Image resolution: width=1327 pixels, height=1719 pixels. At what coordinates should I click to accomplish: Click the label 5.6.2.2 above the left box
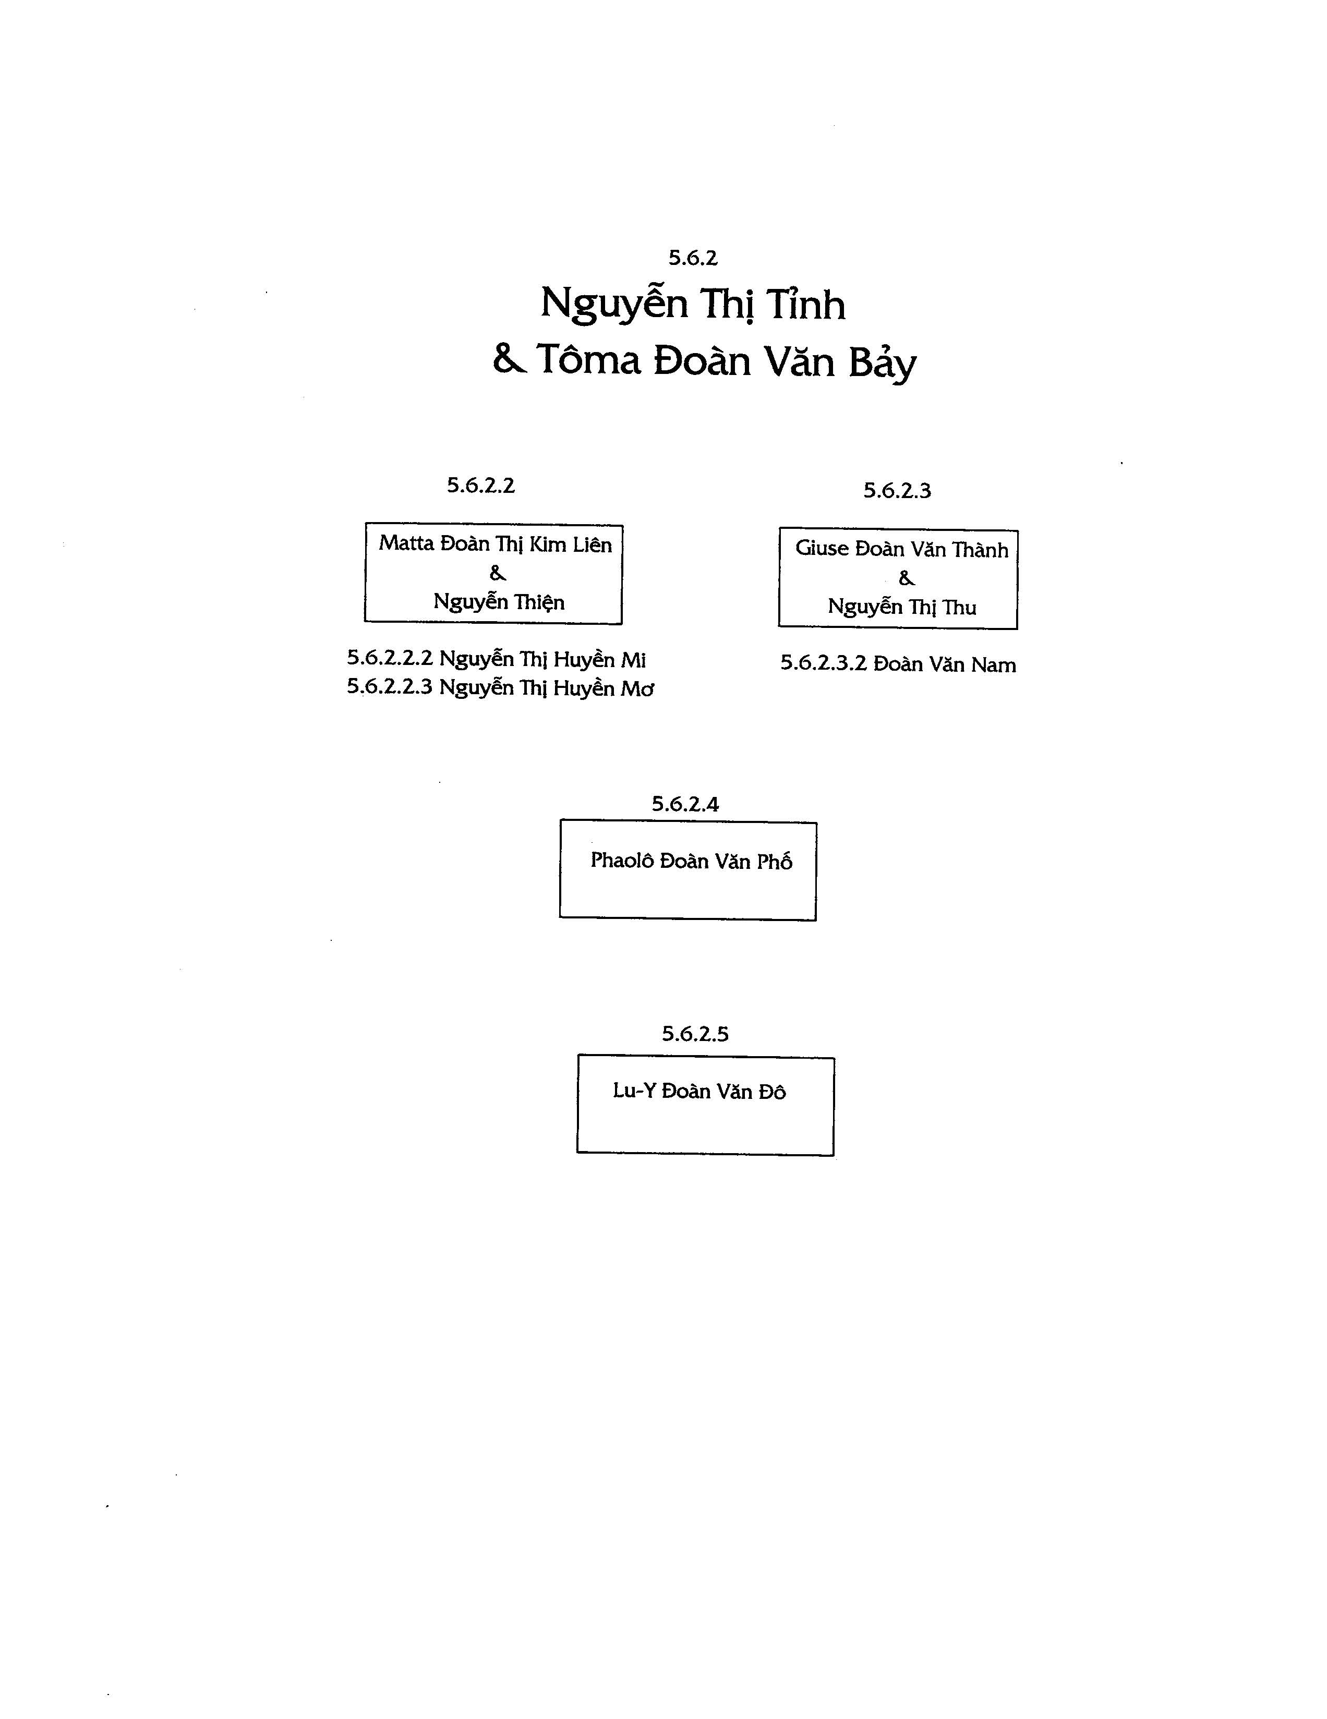coord(481,486)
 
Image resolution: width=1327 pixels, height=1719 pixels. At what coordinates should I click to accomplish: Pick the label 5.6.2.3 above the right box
coord(897,490)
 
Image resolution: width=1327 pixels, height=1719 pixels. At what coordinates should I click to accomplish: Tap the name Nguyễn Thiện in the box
coord(499,603)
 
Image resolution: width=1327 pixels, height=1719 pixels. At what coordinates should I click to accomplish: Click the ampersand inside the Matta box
coord(498,573)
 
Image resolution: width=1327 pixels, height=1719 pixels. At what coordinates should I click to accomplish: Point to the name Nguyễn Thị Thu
coord(902,608)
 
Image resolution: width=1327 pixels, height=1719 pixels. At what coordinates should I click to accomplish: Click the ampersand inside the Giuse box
coord(907,578)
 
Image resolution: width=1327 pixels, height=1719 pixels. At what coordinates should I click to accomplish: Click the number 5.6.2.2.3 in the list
coord(390,687)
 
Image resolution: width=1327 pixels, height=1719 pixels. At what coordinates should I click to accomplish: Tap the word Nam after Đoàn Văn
coord(993,665)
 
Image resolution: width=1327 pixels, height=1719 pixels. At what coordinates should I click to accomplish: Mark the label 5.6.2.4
coord(685,804)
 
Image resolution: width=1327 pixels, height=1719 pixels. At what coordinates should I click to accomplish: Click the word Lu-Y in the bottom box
coord(634,1091)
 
